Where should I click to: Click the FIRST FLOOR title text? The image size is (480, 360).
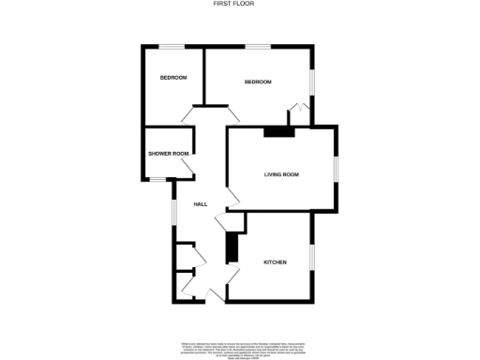click(x=240, y=4)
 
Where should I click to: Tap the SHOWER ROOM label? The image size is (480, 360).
click(x=168, y=154)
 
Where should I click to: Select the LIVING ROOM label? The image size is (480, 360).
click(x=280, y=174)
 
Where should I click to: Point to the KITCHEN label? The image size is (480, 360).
click(x=275, y=262)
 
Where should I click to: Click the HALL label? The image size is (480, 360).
click(x=200, y=204)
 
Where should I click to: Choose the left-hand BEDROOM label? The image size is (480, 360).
click(x=172, y=77)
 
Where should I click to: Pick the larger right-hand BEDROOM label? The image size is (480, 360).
click(x=258, y=82)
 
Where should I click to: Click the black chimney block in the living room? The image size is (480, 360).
click(x=278, y=132)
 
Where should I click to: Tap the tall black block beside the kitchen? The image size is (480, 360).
click(x=230, y=248)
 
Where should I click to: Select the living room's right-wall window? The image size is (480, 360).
click(x=337, y=169)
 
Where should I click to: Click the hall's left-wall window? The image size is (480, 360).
click(x=173, y=211)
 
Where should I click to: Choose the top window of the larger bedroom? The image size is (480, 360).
click(x=258, y=46)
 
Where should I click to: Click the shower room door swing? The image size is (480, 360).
click(x=187, y=168)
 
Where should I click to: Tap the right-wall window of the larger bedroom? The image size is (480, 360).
click(x=313, y=82)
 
